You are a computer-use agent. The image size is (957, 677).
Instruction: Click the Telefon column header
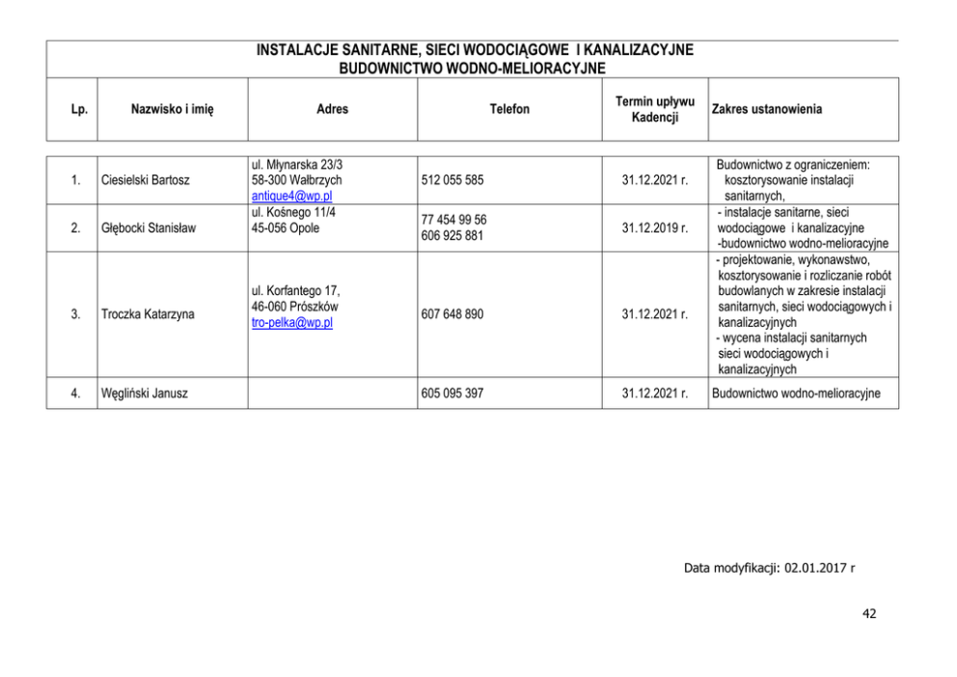(509, 110)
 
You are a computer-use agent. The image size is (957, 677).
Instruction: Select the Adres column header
(332, 110)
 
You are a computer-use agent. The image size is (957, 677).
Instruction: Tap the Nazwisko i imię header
(173, 110)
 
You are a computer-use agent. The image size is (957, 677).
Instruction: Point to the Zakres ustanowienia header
(766, 110)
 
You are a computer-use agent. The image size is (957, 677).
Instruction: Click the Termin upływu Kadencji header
(655, 110)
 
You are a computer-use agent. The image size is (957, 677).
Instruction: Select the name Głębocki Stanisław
(148, 229)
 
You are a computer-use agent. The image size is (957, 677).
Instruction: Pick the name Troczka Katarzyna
(147, 314)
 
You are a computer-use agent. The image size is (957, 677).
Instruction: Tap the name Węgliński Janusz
(144, 393)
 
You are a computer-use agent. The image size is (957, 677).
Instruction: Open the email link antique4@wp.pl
(291, 197)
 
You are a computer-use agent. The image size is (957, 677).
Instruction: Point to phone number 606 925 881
(452, 236)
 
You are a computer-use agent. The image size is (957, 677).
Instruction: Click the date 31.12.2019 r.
(655, 229)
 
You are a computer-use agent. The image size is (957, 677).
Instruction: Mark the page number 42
(869, 613)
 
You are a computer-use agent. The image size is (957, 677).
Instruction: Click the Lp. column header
(80, 110)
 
